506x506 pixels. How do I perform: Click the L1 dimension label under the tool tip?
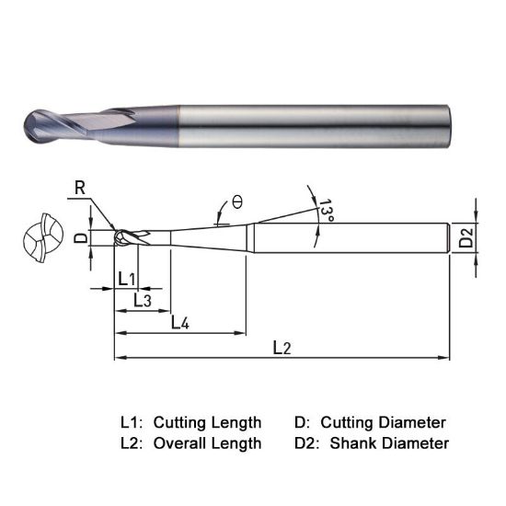click(x=127, y=279)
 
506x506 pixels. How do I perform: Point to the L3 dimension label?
click(x=143, y=300)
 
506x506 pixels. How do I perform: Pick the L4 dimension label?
click(x=180, y=323)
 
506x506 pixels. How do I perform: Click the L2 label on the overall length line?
click(x=282, y=348)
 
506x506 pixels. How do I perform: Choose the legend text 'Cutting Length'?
click(x=207, y=422)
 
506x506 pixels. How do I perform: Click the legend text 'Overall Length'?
click(x=207, y=443)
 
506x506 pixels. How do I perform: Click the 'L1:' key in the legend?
click(x=132, y=422)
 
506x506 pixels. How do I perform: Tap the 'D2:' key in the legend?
click(x=309, y=443)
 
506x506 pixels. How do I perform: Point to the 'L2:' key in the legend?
click(x=132, y=443)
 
